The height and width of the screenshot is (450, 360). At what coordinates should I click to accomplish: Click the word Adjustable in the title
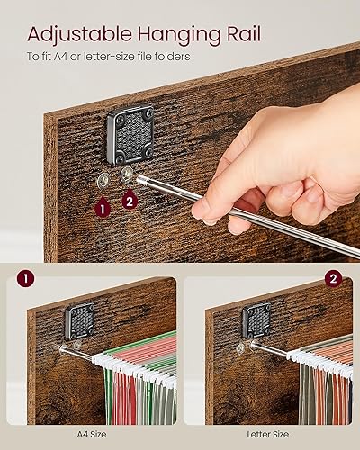point(79,34)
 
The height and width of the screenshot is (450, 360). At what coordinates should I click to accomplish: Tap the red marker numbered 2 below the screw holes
point(130,202)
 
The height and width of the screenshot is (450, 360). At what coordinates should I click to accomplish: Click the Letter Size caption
point(268,434)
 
